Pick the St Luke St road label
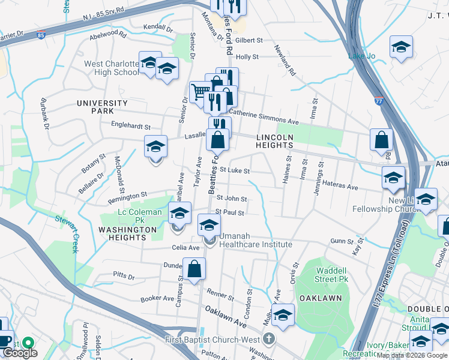coord(234,171)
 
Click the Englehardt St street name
coord(131,127)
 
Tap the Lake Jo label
coord(362,56)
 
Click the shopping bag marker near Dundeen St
coord(194,269)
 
